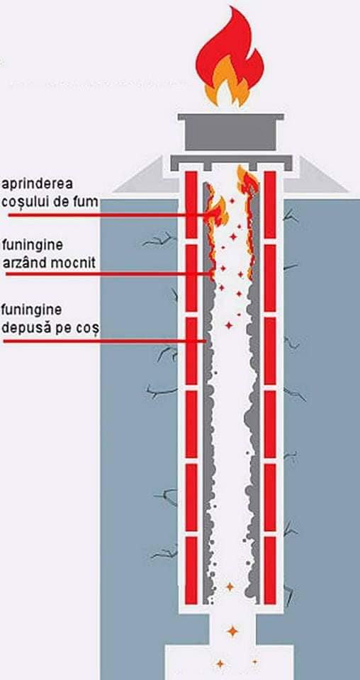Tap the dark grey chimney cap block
(x=231, y=132)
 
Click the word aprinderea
(x=37, y=184)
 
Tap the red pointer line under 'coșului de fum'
(x=108, y=215)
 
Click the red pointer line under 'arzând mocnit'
(x=109, y=274)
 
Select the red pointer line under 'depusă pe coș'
(x=105, y=341)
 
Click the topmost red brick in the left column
(x=191, y=204)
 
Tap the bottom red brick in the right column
(x=270, y=570)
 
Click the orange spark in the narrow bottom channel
(x=232, y=631)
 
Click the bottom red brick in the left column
(x=191, y=570)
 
